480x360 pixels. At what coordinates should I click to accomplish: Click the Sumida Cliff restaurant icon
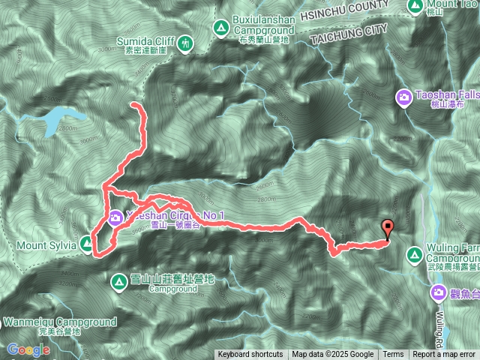185,45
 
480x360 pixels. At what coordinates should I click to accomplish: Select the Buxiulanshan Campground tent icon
220,28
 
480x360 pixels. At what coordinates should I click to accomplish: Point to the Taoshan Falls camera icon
405,97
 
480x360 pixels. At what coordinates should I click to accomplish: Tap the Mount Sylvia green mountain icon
88,243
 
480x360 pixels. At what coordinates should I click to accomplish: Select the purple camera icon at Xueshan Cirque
116,218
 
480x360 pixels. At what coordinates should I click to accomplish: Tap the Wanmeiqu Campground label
61,322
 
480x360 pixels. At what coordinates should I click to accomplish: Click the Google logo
28,349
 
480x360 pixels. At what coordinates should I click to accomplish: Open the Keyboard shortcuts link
250,355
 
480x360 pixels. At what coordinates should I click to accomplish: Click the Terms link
393,355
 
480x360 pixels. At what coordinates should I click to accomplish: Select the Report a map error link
444,355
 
